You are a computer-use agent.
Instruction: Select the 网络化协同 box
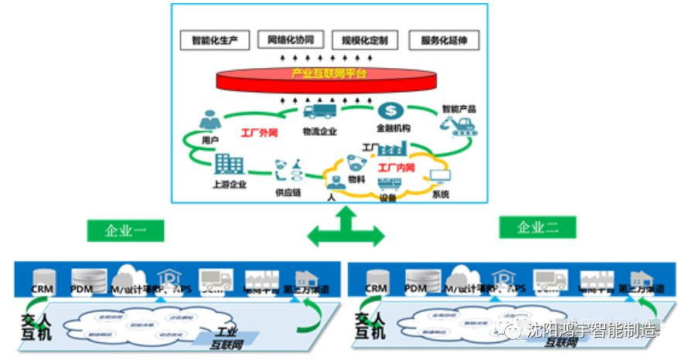291,39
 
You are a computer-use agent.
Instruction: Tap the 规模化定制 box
365,39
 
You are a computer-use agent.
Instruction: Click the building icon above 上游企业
229,164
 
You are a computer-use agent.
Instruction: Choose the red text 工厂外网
259,133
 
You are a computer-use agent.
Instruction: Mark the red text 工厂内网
395,167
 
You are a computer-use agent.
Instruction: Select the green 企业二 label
537,227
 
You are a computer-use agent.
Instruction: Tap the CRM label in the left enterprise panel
42,289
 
